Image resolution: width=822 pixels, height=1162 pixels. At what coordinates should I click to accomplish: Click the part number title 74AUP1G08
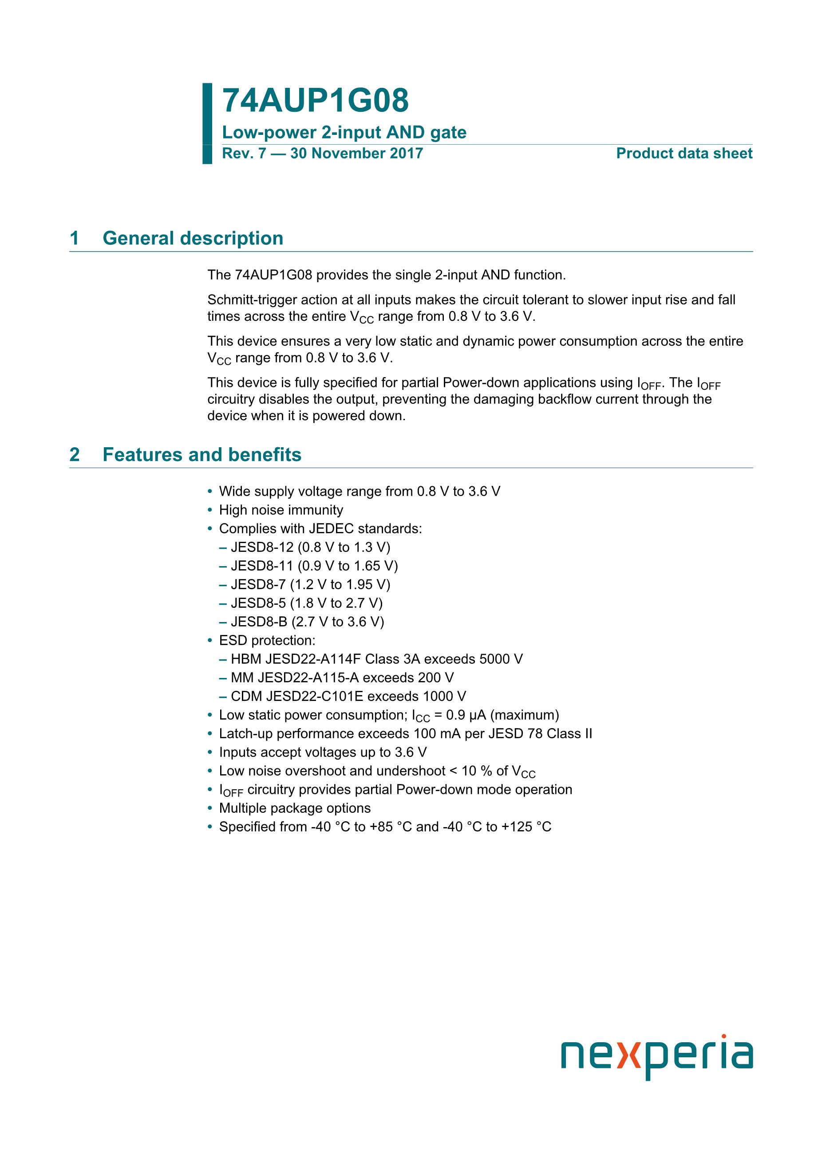click(x=315, y=101)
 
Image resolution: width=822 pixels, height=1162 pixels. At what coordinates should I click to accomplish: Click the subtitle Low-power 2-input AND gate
click(x=344, y=133)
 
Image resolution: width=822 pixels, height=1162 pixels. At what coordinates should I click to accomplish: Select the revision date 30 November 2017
click(x=356, y=154)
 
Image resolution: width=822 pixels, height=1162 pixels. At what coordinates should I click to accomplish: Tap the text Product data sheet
click(x=684, y=154)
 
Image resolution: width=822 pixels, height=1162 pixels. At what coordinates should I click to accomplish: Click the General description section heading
click(x=192, y=238)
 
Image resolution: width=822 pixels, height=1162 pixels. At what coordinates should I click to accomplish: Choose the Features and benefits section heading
click(x=202, y=454)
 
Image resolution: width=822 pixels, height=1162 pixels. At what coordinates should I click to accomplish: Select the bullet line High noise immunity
click(x=281, y=510)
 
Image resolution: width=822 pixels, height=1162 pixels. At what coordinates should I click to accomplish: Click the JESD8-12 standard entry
click(x=310, y=548)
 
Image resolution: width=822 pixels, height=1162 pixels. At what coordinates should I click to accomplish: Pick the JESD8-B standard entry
click(x=307, y=622)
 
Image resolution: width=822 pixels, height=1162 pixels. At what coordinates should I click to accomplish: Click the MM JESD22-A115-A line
click(x=342, y=678)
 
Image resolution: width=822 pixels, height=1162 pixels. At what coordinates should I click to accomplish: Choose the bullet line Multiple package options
click(x=295, y=808)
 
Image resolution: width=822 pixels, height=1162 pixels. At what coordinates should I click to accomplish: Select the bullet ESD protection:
click(x=267, y=641)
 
